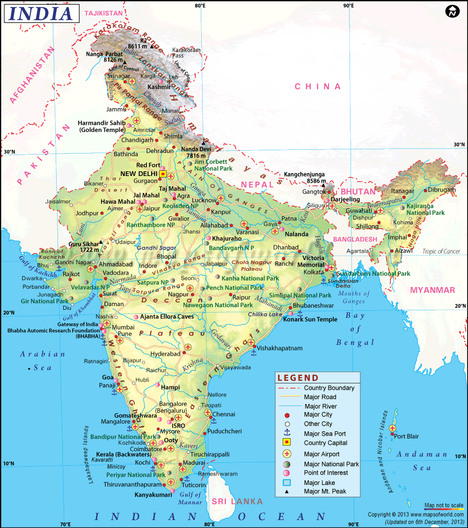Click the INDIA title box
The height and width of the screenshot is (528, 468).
pos(41,14)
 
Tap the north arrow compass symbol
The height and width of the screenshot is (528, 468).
pos(451,12)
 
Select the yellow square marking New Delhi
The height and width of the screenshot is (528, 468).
pos(162,174)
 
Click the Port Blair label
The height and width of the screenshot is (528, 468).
pos(406,436)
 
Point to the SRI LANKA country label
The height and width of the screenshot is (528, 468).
pos(237,501)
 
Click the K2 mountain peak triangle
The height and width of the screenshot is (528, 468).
pos(152,46)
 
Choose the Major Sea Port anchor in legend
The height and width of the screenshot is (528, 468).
pos(287,433)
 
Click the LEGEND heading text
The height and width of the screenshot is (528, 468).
pos(298,378)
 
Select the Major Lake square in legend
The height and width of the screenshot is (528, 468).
pos(287,483)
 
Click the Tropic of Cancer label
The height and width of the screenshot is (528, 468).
pos(441,251)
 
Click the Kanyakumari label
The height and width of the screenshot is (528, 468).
pos(151,494)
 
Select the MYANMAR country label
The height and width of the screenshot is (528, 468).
pos(432,290)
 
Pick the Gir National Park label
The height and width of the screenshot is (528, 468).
pos(44,301)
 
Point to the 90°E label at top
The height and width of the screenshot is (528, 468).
pos(348,6)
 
